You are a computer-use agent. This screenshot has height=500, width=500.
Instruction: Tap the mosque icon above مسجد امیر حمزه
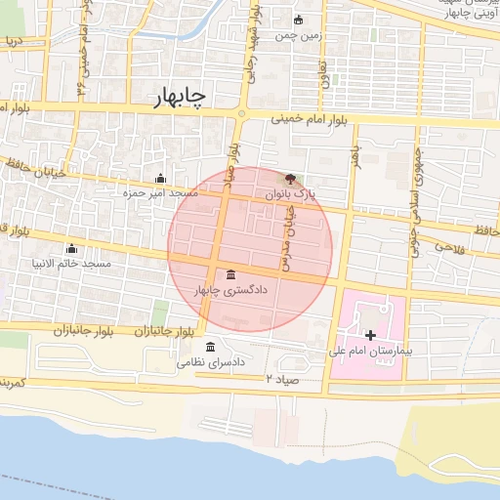(x=160, y=179)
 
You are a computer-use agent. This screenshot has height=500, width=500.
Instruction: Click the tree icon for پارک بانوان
(x=289, y=179)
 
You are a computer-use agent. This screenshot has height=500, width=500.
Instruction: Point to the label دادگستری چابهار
(x=229, y=290)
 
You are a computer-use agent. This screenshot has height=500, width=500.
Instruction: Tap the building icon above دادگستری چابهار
(x=229, y=273)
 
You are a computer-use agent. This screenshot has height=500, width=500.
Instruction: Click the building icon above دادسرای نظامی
(x=211, y=347)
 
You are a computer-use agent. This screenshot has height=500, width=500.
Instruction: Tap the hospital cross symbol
(x=369, y=336)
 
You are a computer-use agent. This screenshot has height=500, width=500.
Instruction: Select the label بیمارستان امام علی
(x=371, y=350)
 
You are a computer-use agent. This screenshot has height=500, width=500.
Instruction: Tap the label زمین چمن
(x=297, y=36)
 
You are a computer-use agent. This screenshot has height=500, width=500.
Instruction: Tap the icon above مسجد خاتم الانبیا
(x=70, y=248)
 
